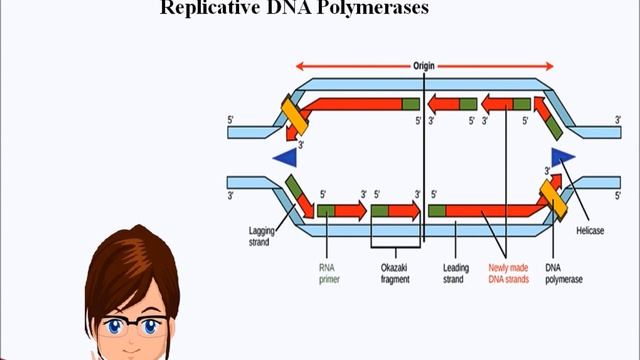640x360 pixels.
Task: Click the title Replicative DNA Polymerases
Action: click(294, 9)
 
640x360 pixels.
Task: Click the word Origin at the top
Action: click(423, 67)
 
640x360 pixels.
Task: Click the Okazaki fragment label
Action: click(395, 273)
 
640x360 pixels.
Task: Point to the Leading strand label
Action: click(456, 273)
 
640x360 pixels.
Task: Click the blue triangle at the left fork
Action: click(287, 157)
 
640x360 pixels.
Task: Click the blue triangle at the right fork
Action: click(562, 155)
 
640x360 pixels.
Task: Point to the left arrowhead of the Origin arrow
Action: click(299, 67)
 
